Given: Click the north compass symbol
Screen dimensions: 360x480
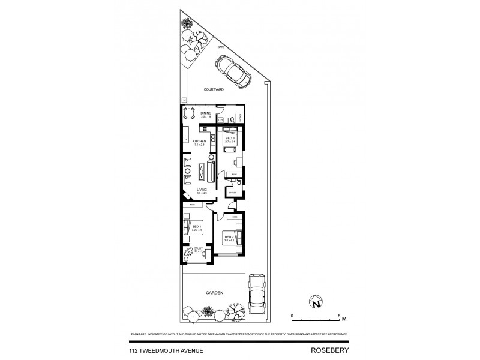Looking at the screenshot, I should click(x=316, y=304).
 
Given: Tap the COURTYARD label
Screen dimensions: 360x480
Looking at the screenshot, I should click(x=213, y=89).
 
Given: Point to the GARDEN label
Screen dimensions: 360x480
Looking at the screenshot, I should click(x=215, y=293).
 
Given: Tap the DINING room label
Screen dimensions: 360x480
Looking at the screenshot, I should click(x=206, y=113).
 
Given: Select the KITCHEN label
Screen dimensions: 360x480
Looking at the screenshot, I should click(x=199, y=142).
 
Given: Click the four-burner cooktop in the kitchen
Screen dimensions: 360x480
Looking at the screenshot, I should click(x=205, y=128).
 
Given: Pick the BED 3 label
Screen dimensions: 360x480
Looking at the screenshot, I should click(x=229, y=137).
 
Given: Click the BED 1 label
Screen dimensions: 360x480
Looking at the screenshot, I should click(x=196, y=226).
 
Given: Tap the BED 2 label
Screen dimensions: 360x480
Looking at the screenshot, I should click(x=229, y=236).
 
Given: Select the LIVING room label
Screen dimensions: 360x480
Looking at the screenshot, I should click(x=202, y=190).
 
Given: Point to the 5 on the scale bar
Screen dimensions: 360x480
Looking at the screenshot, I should click(x=339, y=315).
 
